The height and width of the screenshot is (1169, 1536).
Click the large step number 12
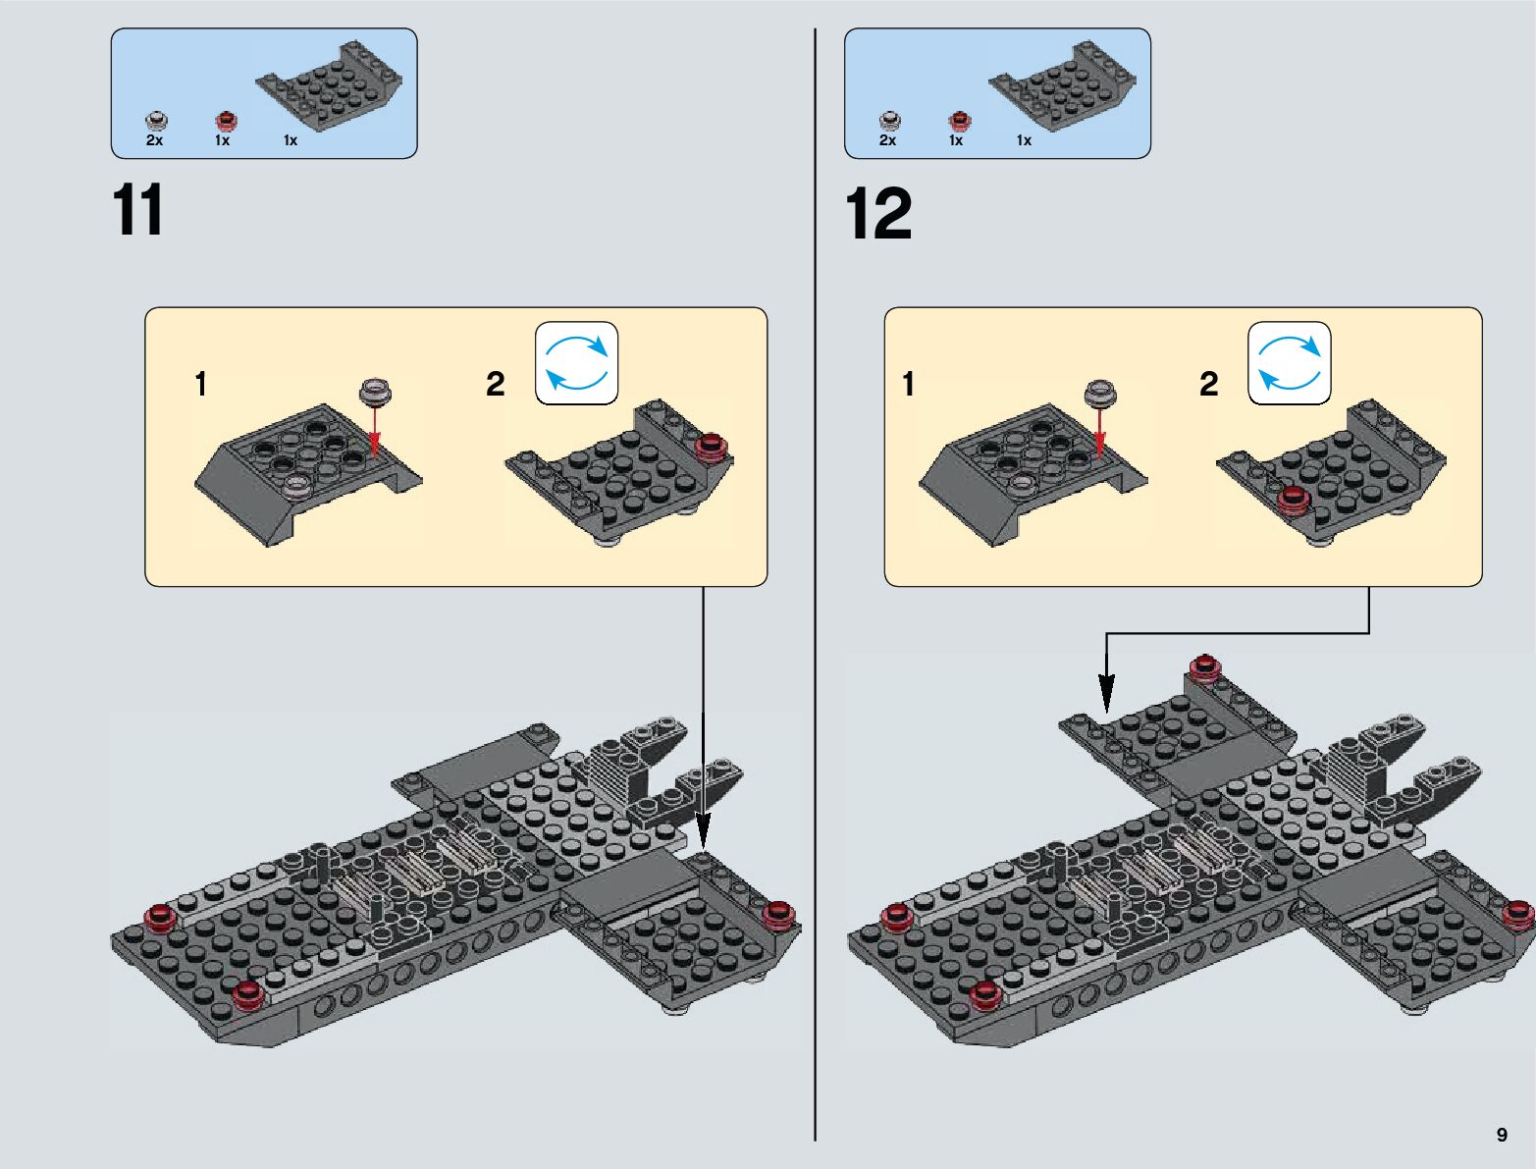pyautogui.click(x=879, y=213)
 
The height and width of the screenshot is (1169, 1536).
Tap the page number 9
pyautogui.click(x=1502, y=1134)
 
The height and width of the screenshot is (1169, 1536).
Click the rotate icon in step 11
pyautogui.click(x=576, y=362)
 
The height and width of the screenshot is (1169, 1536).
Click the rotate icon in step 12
pyautogui.click(x=1289, y=362)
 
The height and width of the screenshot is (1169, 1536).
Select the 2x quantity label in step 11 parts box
pyautogui.click(x=154, y=140)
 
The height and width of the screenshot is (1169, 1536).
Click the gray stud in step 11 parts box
pyautogui.click(x=156, y=121)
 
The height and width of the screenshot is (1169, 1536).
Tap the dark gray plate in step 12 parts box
pyautogui.click(x=1062, y=85)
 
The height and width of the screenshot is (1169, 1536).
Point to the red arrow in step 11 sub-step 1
pyautogui.click(x=375, y=431)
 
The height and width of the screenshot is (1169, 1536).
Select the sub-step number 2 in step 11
pyautogui.click(x=495, y=384)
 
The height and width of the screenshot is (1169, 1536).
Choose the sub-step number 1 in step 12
pyautogui.click(x=908, y=384)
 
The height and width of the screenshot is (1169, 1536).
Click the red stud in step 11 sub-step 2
pyautogui.click(x=713, y=447)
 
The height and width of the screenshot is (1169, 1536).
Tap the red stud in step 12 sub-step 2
pyautogui.click(x=1294, y=501)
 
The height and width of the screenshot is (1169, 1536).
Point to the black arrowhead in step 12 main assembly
pyautogui.click(x=1106, y=693)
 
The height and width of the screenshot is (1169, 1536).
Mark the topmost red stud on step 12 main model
pyautogui.click(x=1204, y=665)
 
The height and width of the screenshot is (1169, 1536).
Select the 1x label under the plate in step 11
pyautogui.click(x=291, y=140)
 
